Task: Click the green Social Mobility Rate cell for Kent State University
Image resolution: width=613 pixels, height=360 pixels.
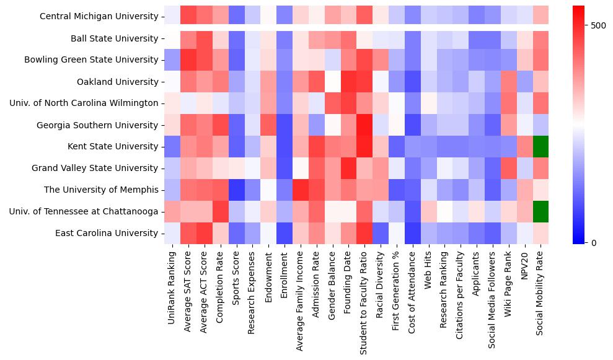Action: pos(540,146)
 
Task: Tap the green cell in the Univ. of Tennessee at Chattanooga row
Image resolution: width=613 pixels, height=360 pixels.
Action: pos(540,211)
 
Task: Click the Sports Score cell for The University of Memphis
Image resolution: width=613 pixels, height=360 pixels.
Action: pos(236,190)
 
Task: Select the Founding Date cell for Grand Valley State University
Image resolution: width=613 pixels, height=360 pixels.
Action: pos(348,168)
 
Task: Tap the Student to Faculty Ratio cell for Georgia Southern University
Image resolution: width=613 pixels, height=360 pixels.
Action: pos(364,125)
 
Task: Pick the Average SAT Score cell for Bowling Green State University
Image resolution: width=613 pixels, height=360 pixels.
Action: pos(188,60)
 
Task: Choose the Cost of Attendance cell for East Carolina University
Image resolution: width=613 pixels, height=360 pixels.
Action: pos(412,233)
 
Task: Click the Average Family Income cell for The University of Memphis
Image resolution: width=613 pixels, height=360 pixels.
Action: pos(300,190)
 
